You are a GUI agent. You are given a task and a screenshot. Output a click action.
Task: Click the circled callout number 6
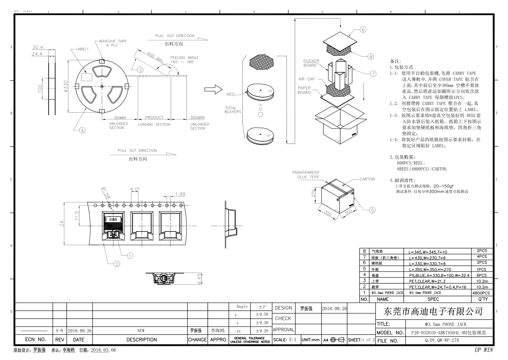[x=363, y=30]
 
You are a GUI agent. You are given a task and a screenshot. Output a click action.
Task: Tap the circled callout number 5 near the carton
[x=372, y=210]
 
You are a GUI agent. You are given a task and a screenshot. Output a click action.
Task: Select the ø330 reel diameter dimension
[x=66, y=86]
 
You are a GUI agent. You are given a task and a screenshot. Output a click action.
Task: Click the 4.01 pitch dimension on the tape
[x=135, y=189]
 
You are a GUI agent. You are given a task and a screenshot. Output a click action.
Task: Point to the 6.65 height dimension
[x=199, y=279]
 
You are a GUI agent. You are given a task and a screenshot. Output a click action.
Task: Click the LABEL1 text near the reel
[x=82, y=49]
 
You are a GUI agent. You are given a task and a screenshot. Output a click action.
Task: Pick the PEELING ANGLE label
[x=184, y=58]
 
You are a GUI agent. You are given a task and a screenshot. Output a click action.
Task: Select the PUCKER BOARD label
[x=311, y=63]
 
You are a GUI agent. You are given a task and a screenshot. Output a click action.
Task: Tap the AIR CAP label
[x=306, y=79]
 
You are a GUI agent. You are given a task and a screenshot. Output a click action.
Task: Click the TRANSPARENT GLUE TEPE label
[x=306, y=175]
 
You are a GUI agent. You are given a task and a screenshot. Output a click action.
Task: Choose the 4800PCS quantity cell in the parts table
[x=481, y=293]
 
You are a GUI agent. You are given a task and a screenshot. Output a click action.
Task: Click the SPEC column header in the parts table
[x=433, y=299]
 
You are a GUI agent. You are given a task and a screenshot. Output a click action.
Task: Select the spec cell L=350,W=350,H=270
[x=430, y=269]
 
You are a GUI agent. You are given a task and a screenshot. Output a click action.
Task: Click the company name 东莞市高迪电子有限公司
[x=433, y=311]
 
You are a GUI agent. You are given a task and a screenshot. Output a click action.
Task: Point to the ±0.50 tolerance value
[x=262, y=315]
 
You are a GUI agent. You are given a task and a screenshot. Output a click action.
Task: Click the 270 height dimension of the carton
[x=313, y=193]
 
